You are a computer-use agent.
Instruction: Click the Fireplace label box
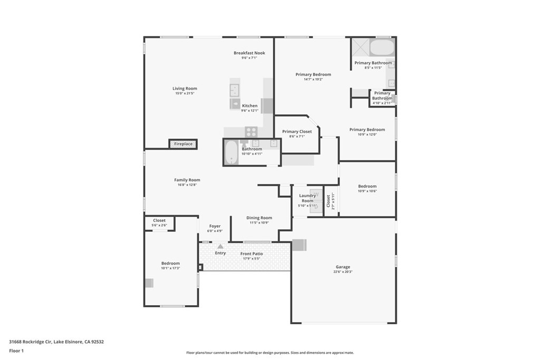(x=183, y=144)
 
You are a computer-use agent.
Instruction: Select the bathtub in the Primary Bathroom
(x=381, y=47)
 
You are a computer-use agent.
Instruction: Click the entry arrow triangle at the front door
(x=220, y=246)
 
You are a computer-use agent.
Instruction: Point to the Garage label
(x=343, y=267)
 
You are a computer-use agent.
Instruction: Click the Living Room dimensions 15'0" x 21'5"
(x=185, y=93)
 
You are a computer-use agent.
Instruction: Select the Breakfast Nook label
(x=249, y=53)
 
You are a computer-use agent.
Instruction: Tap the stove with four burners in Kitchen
(x=251, y=132)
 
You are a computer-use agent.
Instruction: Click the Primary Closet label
(x=297, y=131)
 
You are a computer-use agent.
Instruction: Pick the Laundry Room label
(x=307, y=198)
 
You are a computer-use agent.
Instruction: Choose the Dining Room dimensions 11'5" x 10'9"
(x=259, y=222)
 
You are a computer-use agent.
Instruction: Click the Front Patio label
(x=252, y=254)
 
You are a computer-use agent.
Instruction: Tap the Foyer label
(x=215, y=226)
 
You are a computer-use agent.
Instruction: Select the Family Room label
(x=187, y=180)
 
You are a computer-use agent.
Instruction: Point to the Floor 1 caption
(x=16, y=351)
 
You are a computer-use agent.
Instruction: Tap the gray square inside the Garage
(x=298, y=245)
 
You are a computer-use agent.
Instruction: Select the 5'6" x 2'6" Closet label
(x=159, y=220)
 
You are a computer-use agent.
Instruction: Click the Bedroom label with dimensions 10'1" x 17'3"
(x=170, y=263)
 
